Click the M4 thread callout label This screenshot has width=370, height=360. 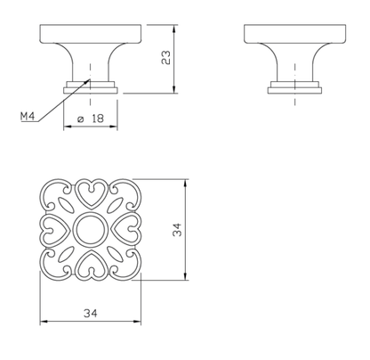[x=28, y=116]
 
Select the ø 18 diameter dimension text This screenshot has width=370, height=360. [x=91, y=119]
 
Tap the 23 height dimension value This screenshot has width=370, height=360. [x=166, y=58]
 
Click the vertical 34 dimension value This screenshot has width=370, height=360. [x=177, y=229]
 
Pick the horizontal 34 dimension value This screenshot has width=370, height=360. [x=91, y=313]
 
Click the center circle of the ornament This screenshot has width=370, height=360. [x=89, y=229]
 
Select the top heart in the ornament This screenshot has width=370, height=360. [x=91, y=194]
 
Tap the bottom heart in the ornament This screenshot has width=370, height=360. [x=91, y=265]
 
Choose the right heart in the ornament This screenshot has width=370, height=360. [x=125, y=230]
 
